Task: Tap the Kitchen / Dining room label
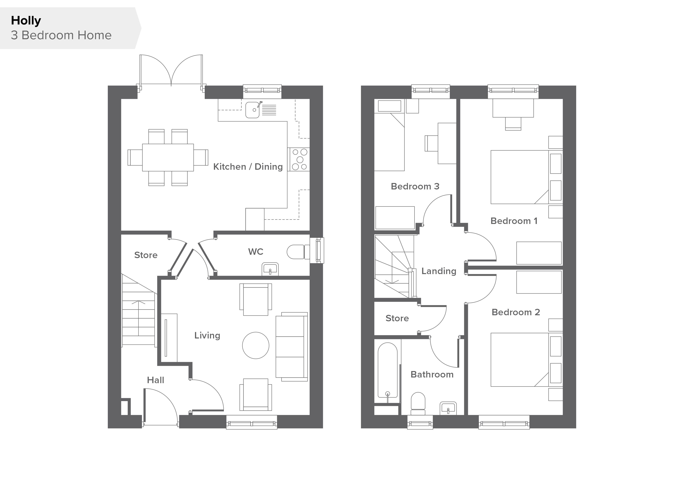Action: tap(248, 167)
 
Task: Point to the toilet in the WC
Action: tap(298, 252)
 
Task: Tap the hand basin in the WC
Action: tap(270, 269)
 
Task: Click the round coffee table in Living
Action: tap(256, 345)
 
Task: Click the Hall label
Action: tap(156, 380)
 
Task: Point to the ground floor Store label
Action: tap(146, 255)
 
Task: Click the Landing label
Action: tap(439, 271)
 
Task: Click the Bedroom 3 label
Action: tap(415, 186)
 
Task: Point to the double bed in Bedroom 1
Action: tap(526, 177)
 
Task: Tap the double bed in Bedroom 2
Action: tap(526, 360)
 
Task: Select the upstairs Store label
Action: tap(397, 318)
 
